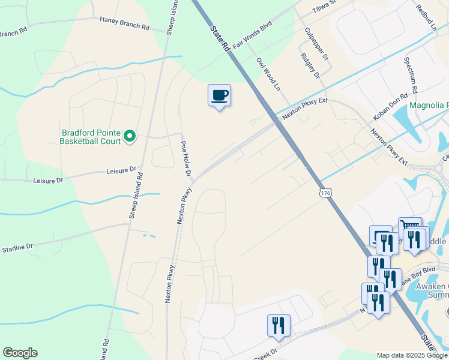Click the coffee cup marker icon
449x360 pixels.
coord(219,95)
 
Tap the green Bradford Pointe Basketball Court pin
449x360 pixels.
coord(130,137)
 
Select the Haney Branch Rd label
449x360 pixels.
coord(125,23)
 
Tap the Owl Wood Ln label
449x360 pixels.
coord(268,74)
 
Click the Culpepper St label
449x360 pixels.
coord(316,44)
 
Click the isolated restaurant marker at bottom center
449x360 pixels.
coord(279,325)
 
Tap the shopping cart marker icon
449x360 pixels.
coord(409,227)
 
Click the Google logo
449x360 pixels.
coord(20,353)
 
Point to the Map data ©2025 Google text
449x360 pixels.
coord(412,355)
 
